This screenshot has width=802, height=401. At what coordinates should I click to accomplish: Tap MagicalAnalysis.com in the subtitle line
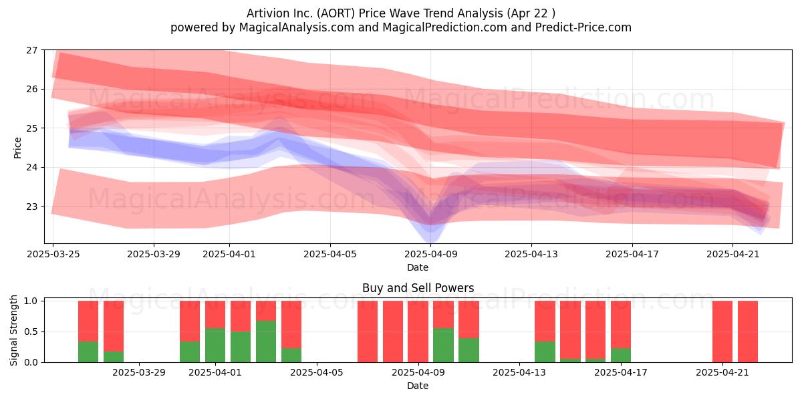point(297,27)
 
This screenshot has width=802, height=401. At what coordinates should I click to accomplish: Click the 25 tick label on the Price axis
point(32,128)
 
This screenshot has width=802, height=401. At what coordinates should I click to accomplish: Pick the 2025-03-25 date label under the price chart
point(53,254)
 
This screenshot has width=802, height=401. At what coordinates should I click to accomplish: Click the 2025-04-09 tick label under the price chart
point(430,254)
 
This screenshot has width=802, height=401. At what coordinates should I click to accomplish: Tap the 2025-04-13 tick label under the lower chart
point(519,373)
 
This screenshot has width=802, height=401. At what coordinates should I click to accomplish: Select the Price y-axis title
point(17,148)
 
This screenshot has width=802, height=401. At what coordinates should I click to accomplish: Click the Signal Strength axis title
point(13,330)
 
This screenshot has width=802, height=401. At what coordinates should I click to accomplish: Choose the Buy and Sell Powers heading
point(418,288)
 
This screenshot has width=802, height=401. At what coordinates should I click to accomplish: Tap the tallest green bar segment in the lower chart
point(266,342)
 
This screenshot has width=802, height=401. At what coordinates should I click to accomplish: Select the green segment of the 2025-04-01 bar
point(215,345)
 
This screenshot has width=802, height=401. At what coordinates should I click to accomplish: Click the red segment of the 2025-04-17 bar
point(621,324)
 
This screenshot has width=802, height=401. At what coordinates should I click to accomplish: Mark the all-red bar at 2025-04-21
point(722,331)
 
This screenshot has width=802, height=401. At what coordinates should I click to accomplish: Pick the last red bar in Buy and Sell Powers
point(748,331)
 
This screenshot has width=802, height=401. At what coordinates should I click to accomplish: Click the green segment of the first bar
point(88,352)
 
